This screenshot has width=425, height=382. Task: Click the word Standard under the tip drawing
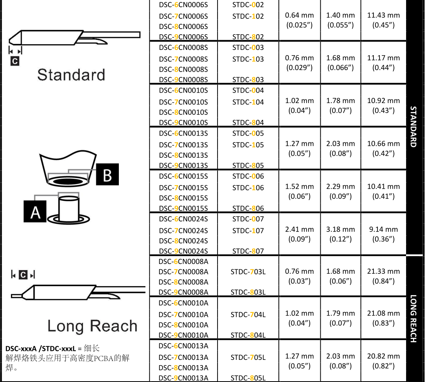tap(71, 75)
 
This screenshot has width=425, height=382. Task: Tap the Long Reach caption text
tap(92, 326)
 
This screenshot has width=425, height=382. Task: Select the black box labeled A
tap(35, 211)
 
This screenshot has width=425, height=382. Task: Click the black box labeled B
tap(107, 174)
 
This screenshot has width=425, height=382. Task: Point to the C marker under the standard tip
tap(15, 61)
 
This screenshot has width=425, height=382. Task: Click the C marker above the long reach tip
tap(23, 275)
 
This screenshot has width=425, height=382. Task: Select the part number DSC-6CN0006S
tap(183, 5)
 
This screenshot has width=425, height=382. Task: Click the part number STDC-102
tap(248, 17)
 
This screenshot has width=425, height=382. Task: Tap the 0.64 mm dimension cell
tap(299, 15)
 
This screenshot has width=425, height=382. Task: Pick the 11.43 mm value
tap(384, 15)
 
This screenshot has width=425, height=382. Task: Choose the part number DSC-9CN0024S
tap(183, 251)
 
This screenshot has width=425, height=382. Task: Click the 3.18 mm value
tap(340, 229)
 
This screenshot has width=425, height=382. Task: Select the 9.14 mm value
tap(384, 229)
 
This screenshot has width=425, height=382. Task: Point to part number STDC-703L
tap(248, 272)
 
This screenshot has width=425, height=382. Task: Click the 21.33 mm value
tap(384, 271)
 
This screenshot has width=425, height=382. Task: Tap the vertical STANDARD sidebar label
tap(413, 127)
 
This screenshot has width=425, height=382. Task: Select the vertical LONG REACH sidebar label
tap(413, 318)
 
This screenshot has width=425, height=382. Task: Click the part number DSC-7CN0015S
tap(183, 188)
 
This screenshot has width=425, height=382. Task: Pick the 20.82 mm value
tap(384, 356)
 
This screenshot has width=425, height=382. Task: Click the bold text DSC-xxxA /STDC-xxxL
tap(41, 349)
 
